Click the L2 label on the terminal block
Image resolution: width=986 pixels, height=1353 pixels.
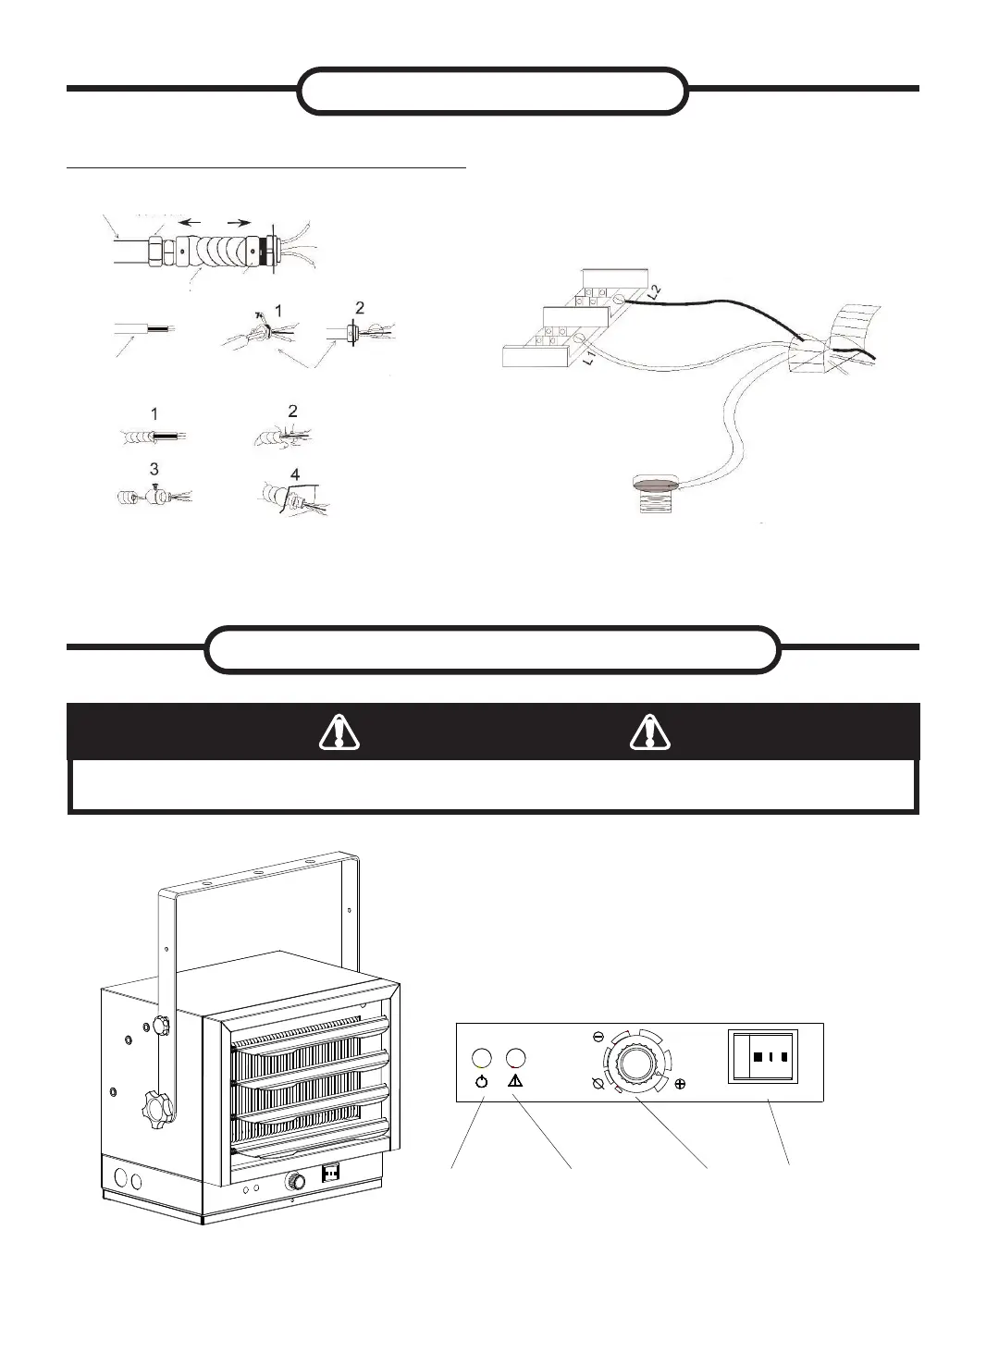tap(655, 291)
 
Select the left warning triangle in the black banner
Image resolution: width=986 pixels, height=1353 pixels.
tap(339, 732)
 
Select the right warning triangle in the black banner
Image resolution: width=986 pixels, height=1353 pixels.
tap(650, 732)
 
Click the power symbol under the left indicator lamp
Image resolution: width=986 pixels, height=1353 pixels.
tap(481, 1080)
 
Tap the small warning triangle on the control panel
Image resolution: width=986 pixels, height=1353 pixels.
tap(516, 1080)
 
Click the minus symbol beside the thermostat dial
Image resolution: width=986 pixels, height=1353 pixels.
tap(598, 1037)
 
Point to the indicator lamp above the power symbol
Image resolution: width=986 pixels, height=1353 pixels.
tap(481, 1058)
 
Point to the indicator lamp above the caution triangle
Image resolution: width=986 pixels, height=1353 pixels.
tap(516, 1058)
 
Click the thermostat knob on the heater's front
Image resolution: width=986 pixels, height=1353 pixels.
tap(297, 1180)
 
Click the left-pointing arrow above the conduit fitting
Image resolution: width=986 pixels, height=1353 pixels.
tap(191, 223)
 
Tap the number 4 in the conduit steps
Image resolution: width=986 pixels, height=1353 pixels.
tap(295, 475)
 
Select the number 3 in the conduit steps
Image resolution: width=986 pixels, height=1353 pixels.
tap(154, 471)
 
